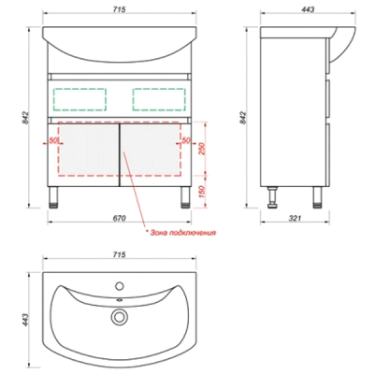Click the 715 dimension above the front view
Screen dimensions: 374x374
tap(119, 9)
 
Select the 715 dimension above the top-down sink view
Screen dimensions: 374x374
tap(119, 254)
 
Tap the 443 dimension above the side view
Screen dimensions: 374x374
tap(308, 9)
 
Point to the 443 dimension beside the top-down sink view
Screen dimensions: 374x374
tap(25, 320)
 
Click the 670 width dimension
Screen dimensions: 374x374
tap(119, 218)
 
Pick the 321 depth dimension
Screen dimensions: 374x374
tap(295, 218)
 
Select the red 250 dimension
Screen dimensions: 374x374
tap(201, 150)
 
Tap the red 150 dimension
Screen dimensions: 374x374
tap(201, 193)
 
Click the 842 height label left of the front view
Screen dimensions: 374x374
tap(25, 118)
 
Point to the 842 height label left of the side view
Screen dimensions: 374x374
tap(244, 118)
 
